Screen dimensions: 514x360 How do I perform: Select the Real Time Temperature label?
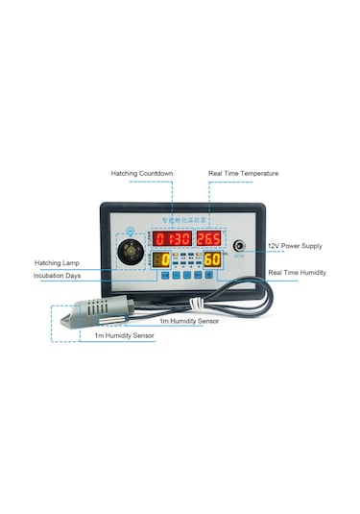coord(244,174)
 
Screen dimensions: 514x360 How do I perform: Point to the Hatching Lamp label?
coord(57,261)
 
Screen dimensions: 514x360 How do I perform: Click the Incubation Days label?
coord(57,276)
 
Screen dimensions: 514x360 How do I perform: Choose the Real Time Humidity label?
coord(297,273)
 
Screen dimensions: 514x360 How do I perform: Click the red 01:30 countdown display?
coord(174,238)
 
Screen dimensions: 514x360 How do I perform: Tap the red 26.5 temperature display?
coord(210,238)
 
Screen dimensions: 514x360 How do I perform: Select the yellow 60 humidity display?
coord(212,259)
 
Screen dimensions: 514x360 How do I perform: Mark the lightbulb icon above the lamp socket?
coord(132,231)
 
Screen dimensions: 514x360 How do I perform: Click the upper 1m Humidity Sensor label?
coord(189,321)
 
